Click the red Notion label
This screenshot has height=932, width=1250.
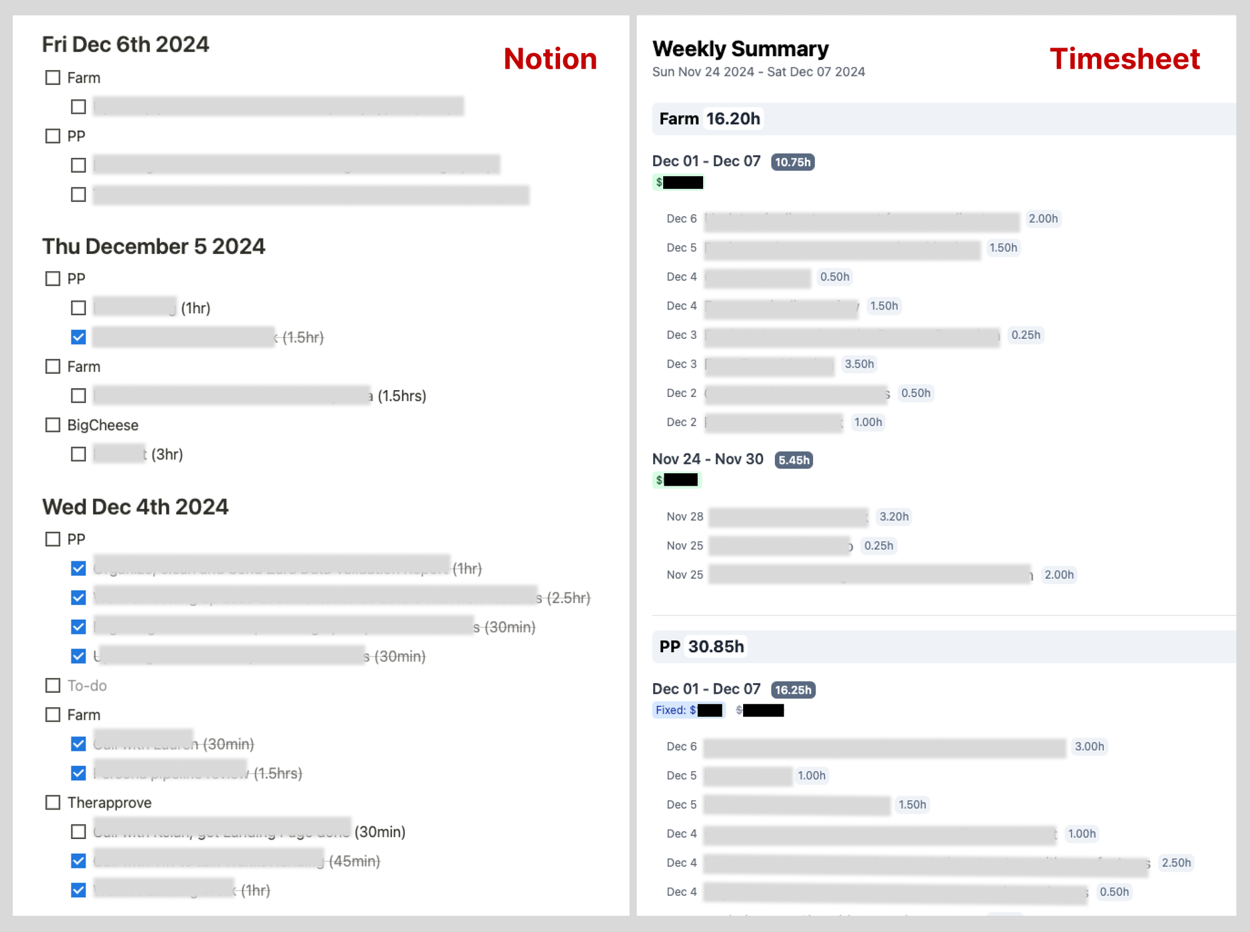[550, 59]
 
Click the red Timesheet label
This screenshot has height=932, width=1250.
[1124, 59]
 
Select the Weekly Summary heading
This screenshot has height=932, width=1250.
[740, 49]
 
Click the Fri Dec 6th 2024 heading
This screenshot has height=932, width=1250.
[126, 44]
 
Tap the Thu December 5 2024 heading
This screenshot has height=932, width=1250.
[154, 246]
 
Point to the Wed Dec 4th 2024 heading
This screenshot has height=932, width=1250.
[136, 506]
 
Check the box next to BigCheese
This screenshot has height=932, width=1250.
[53, 425]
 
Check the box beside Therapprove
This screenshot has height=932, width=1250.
[53, 803]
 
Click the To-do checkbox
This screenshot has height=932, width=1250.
[53, 686]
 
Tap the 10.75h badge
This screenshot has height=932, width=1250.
[792, 162]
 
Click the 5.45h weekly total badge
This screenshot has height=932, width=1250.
[794, 460]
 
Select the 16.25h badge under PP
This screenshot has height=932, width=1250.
[793, 689]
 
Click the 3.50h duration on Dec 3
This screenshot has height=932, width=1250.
[859, 364]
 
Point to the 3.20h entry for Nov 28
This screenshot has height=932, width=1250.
[894, 516]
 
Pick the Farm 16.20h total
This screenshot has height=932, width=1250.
[709, 119]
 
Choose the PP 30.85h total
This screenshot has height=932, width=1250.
[702, 646]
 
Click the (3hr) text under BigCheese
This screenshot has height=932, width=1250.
[167, 454]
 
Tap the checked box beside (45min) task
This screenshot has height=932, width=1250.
[79, 861]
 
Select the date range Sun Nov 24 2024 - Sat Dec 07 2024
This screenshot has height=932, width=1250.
[758, 72]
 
